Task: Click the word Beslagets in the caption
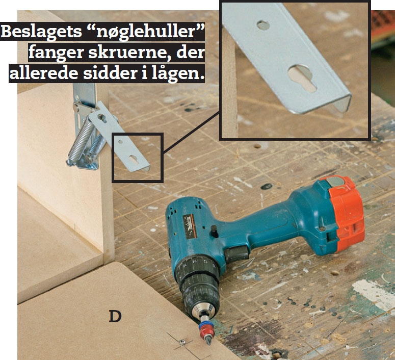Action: click(42, 31)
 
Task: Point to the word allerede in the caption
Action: click(44, 73)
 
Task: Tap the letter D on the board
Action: click(115, 316)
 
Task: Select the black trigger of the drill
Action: click(237, 254)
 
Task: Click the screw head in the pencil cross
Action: click(182, 342)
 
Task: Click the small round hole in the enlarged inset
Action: click(264, 25)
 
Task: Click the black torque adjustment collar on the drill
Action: click(196, 271)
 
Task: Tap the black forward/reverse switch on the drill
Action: click(215, 232)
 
